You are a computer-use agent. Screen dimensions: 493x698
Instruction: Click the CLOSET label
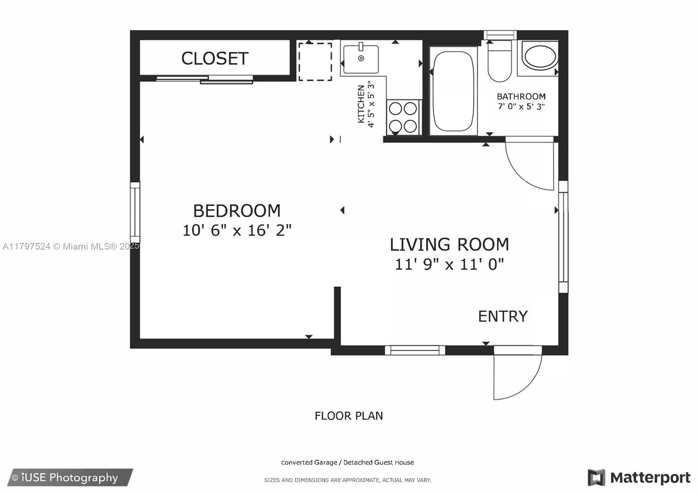click(x=215, y=58)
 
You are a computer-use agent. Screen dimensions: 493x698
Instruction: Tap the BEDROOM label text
click(x=237, y=211)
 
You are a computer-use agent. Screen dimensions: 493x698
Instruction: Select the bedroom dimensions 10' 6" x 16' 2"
click(x=237, y=230)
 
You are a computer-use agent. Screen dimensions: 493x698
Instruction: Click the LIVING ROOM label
click(x=449, y=245)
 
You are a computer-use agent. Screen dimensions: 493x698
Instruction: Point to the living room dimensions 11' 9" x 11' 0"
click(x=449, y=264)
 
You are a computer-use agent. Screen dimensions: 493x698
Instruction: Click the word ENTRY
click(x=503, y=316)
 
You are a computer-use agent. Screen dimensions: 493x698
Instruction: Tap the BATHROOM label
click(x=521, y=96)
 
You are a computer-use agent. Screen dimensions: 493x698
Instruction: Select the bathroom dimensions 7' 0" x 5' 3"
click(x=521, y=106)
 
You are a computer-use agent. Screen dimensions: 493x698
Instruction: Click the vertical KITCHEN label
click(x=361, y=104)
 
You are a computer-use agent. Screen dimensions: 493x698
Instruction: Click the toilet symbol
click(x=500, y=61)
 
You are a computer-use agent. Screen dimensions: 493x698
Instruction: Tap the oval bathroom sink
click(x=540, y=57)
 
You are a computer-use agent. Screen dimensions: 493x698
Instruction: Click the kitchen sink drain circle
click(x=361, y=58)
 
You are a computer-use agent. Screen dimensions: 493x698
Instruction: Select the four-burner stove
click(x=403, y=117)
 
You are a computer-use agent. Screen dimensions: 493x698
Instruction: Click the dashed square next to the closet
click(x=315, y=62)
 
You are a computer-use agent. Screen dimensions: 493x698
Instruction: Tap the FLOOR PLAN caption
click(x=349, y=416)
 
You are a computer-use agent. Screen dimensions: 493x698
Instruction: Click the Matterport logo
click(x=639, y=478)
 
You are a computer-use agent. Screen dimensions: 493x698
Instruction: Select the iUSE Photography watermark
click(x=70, y=478)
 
